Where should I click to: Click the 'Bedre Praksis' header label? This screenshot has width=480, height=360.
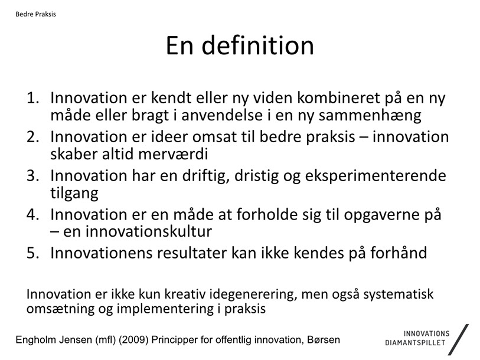[35, 14]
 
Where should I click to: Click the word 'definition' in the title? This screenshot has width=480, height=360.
[257, 45]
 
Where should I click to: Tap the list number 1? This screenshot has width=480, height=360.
[32, 98]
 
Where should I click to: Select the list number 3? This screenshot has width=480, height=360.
[32, 176]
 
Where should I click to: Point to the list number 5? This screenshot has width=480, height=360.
[32, 253]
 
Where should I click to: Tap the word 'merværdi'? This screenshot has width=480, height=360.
[173, 153]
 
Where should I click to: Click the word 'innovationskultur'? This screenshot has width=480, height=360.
[148, 231]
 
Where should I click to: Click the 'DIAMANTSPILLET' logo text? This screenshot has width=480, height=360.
[415, 343]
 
